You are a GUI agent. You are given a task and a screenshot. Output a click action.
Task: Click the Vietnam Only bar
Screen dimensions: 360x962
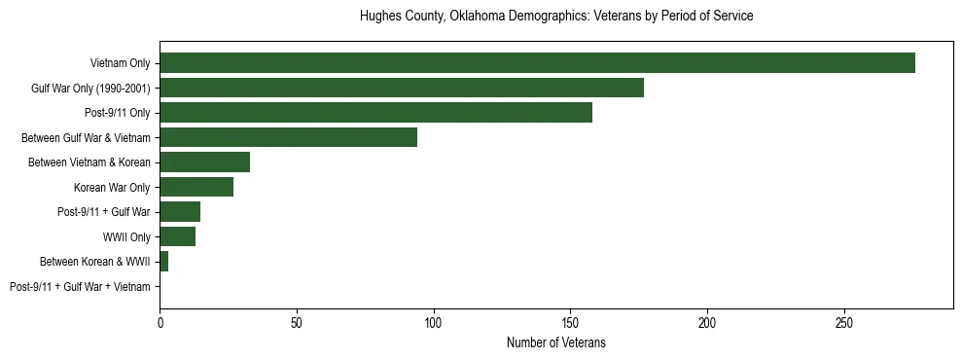point(537,63)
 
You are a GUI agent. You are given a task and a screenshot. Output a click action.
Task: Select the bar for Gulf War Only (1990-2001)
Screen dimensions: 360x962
point(402,88)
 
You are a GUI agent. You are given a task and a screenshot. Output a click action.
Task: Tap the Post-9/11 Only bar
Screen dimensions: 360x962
point(375,113)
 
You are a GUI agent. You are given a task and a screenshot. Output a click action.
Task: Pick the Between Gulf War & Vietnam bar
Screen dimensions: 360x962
point(288,137)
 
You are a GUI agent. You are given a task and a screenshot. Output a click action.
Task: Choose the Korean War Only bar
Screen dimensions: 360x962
point(196,187)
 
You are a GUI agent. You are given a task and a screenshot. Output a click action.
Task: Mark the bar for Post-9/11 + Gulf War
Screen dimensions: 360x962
point(180,212)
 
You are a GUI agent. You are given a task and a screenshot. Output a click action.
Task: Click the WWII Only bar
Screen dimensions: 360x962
point(177,236)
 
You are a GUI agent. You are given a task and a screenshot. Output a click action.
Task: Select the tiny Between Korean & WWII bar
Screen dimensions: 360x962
point(163,262)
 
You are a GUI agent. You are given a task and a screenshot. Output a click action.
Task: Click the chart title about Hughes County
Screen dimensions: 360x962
point(555,17)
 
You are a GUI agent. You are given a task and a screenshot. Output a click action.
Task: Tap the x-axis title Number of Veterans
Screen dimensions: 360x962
point(555,343)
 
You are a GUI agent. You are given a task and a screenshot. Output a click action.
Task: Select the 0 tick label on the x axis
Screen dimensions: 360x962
point(160,322)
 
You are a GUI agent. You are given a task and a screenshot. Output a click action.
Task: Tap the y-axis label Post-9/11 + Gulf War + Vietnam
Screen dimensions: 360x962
point(80,287)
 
